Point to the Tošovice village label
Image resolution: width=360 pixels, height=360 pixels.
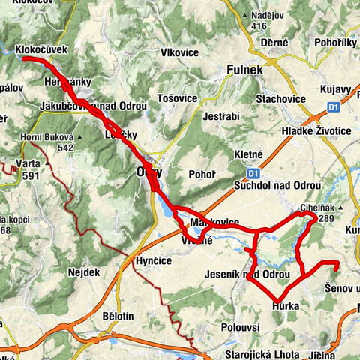coord(178,98)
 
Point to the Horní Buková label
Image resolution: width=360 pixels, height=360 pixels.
coord(49,138)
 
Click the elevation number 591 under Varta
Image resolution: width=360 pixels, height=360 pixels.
coord(31,175)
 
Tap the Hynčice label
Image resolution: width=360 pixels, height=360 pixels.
coord(154,259)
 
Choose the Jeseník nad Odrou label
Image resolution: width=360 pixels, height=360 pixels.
coord(247,274)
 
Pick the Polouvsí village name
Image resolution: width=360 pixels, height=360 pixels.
coord(241,328)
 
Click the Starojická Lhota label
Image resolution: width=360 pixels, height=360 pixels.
coord(260,353)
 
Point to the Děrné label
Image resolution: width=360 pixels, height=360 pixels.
coord(274,43)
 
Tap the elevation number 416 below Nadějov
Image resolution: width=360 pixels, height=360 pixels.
coord(259,26)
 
